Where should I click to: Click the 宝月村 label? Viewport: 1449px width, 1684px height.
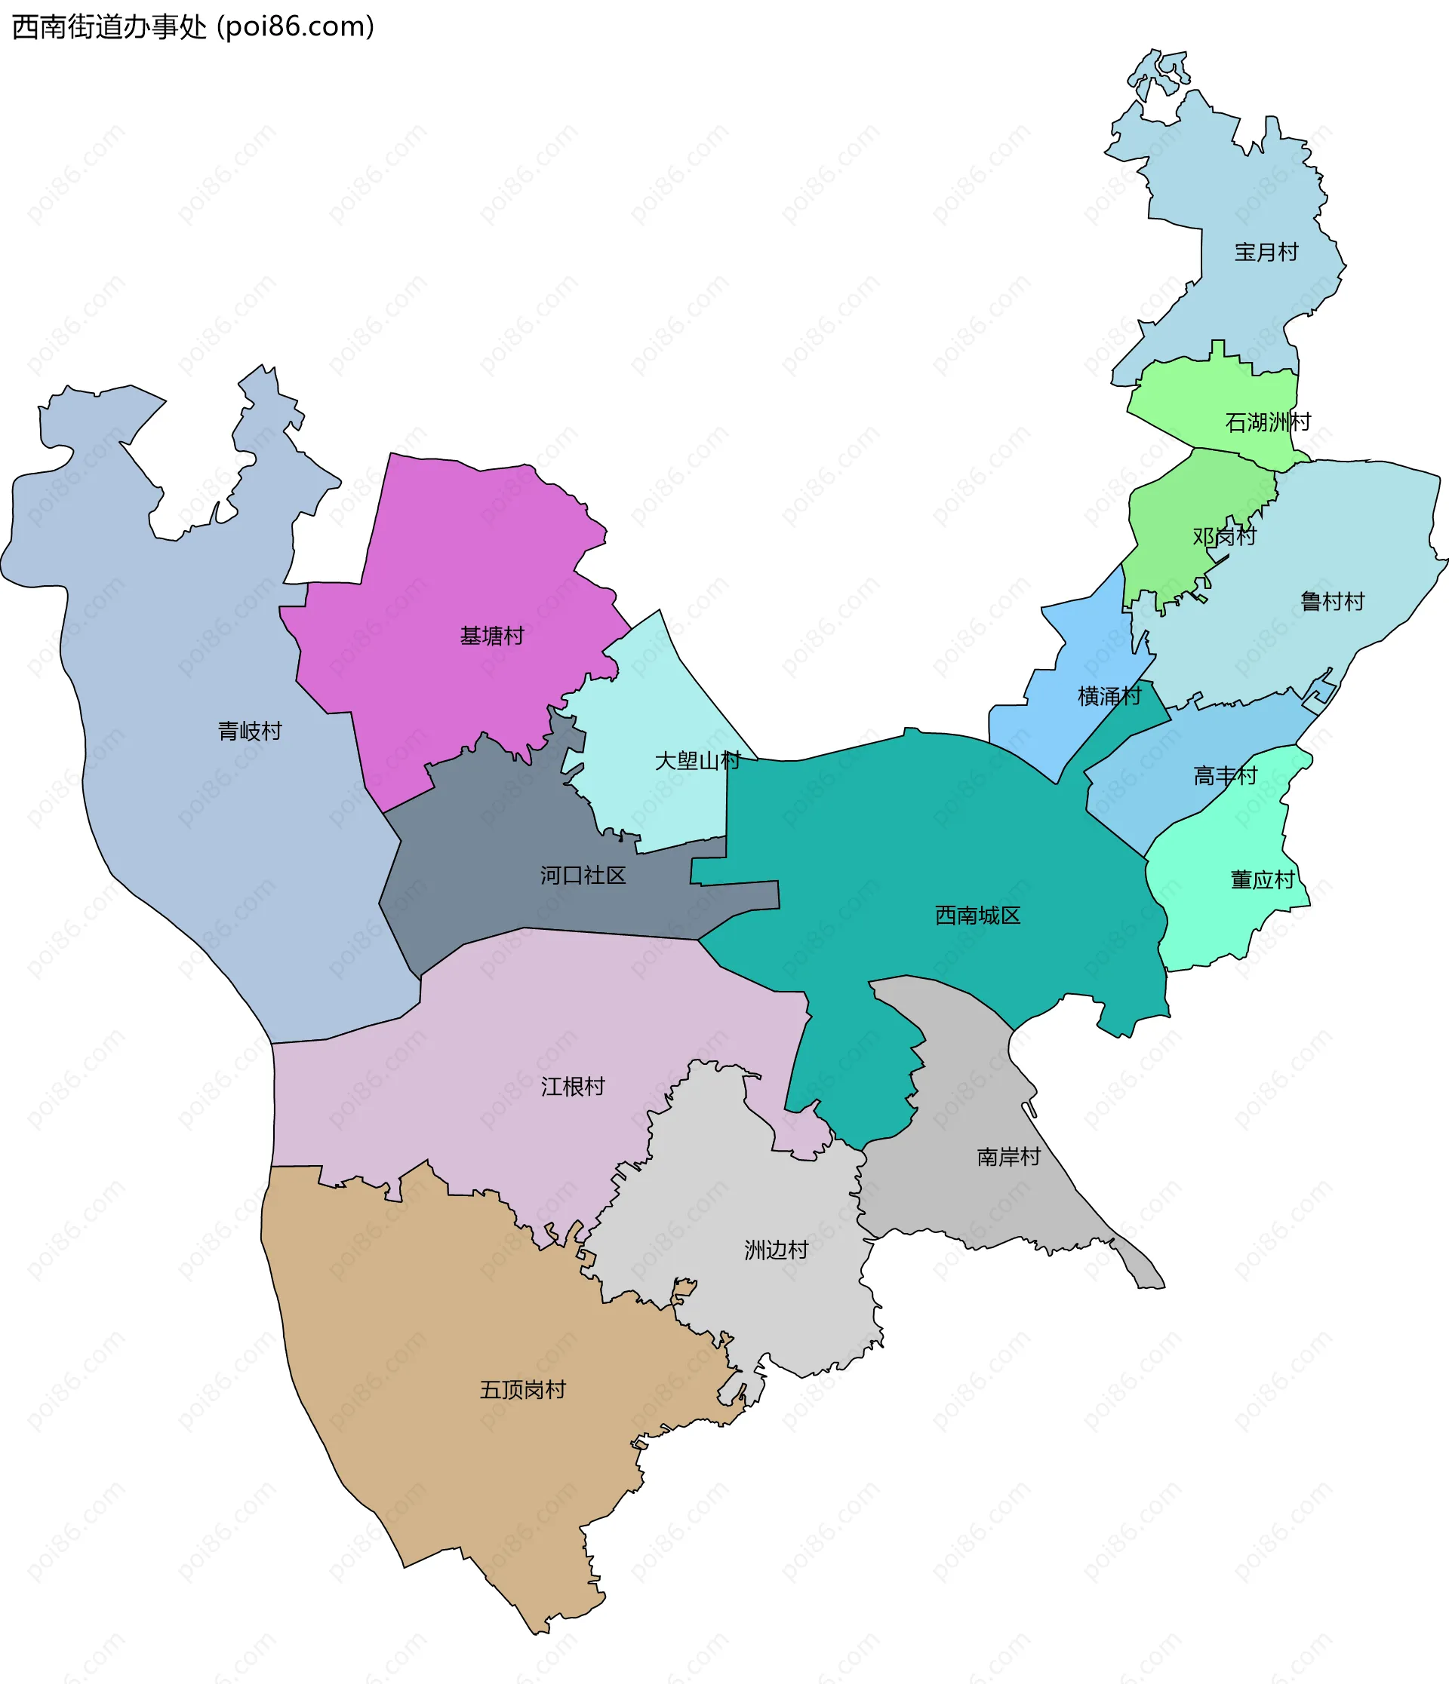(x=1266, y=252)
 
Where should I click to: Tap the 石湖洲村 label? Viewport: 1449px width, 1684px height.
(x=1268, y=422)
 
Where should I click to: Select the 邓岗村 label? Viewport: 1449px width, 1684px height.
(x=1224, y=535)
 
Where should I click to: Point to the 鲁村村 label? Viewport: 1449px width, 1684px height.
(x=1332, y=602)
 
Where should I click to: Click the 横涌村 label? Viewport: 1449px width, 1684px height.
(x=1109, y=696)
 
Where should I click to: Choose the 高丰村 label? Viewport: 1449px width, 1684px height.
(x=1225, y=775)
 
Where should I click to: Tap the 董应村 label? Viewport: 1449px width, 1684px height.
(x=1262, y=879)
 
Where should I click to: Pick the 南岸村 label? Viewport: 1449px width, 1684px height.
(x=1008, y=1157)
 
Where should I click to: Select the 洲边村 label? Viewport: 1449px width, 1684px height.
(x=776, y=1250)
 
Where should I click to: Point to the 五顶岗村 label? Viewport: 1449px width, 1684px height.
(x=522, y=1390)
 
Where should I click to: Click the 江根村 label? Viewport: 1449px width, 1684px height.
(x=573, y=1087)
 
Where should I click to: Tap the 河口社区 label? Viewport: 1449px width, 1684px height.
(x=583, y=875)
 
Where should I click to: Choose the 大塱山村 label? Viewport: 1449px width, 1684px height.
(x=697, y=761)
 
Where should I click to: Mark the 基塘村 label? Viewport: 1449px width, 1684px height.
(x=492, y=636)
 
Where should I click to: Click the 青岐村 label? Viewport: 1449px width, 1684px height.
(x=250, y=731)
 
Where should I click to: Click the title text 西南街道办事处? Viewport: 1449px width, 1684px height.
(x=109, y=27)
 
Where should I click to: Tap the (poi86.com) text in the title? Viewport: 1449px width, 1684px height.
(x=295, y=27)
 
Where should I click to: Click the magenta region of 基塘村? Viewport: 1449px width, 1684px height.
(x=455, y=553)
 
